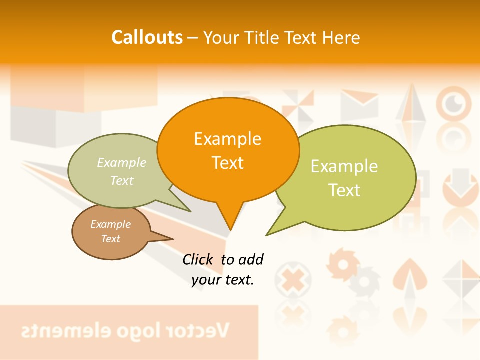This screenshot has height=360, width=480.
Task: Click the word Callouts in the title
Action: (147, 38)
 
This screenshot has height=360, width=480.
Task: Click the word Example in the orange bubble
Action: (227, 139)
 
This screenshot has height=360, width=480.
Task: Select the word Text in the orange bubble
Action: (227, 163)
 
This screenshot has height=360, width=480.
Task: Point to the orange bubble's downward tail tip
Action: (230, 229)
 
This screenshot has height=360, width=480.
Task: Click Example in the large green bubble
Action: (344, 166)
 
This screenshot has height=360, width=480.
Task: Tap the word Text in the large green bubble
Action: (344, 190)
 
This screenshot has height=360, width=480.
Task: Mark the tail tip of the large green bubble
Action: (267, 235)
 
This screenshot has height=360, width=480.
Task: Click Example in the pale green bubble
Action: (122, 163)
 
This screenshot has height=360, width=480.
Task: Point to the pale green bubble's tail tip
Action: (190, 211)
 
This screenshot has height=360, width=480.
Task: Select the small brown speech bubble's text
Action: (111, 231)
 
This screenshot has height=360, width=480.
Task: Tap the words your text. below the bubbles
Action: (223, 280)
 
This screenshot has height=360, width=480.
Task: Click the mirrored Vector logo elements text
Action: (125, 330)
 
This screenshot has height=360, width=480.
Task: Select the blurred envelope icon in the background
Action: (359, 104)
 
